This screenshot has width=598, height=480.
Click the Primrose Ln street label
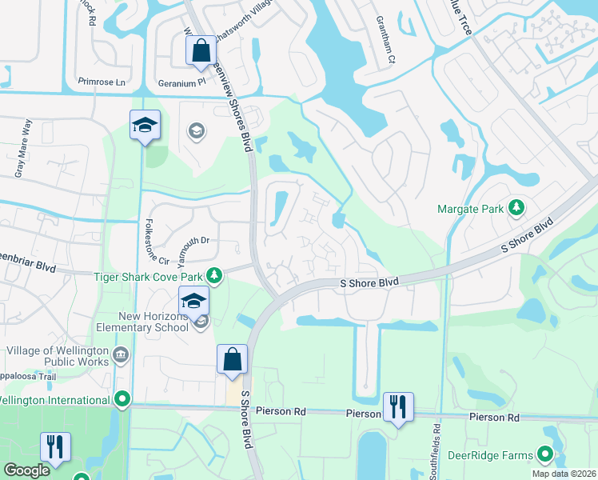103,82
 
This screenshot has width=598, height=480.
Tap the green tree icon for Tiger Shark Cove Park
214,276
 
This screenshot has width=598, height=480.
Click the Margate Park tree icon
516,209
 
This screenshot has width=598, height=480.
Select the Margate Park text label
470,209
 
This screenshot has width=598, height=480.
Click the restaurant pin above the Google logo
55,446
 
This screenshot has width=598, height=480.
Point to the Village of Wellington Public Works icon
121,355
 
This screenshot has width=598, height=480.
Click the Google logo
26,470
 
